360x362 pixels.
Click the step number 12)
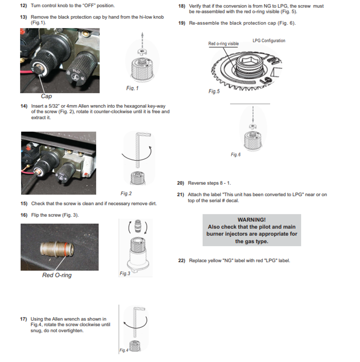click(23, 6)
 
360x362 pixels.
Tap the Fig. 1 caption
click(132, 88)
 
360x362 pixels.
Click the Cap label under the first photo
click(46, 96)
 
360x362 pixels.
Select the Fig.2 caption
click(126, 193)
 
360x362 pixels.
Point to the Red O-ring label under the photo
click(57, 275)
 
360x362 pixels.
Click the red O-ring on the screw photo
click(66, 249)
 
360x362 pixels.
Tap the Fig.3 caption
click(125, 273)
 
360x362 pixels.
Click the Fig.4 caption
click(124, 350)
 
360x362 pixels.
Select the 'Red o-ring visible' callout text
click(223, 44)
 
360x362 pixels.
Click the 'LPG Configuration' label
click(269, 41)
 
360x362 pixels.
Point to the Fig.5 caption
click(214, 91)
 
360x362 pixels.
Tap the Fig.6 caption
click(236, 154)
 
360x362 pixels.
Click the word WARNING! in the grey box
click(251, 220)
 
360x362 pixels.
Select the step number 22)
click(182, 260)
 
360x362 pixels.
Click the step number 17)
click(23, 319)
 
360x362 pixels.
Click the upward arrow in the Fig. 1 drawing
click(142, 40)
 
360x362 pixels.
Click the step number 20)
click(180, 183)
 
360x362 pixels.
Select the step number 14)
click(24, 106)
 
